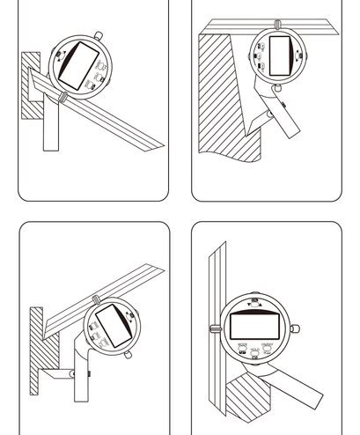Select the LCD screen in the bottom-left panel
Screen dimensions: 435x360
point(112,321)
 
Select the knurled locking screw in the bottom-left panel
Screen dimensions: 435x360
point(94,299)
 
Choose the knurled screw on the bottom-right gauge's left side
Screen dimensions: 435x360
point(213,329)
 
